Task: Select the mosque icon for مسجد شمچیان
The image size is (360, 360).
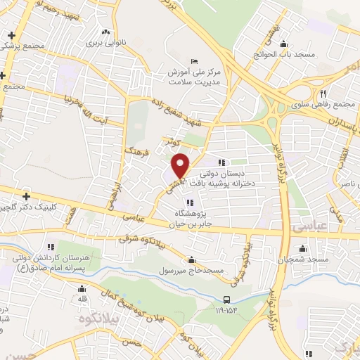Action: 302,248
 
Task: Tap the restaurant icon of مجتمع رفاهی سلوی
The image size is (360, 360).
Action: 323,94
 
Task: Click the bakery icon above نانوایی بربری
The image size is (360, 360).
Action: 106,32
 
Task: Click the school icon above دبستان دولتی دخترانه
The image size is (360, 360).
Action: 223,162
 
